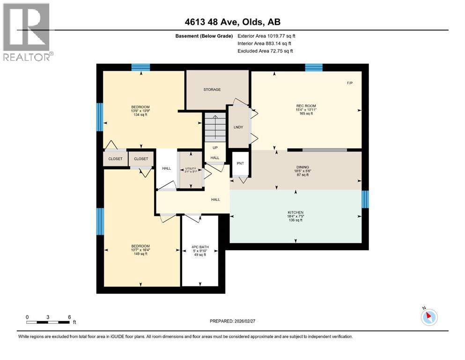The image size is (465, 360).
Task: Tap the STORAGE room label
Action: coord(212,90)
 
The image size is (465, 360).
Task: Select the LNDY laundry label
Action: coord(238,127)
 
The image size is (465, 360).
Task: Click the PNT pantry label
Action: coord(241,163)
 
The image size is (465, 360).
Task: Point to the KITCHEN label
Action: coord(295,212)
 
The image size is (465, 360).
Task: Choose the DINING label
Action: coord(303,167)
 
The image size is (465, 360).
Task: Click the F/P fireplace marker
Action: coord(349,83)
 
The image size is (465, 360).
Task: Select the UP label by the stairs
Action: coord(215,147)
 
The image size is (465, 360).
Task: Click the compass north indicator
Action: coord(428,317)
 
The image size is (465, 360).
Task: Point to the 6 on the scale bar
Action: coord(69,317)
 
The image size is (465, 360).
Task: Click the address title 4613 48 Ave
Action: coord(232,22)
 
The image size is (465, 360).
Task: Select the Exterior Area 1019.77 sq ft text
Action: coord(266,36)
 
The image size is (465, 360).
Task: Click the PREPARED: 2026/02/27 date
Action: coord(233,321)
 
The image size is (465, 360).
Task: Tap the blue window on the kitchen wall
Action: coord(365,199)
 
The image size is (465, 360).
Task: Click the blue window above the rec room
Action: coord(314,67)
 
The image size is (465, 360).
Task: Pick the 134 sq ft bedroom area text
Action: coord(140,114)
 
